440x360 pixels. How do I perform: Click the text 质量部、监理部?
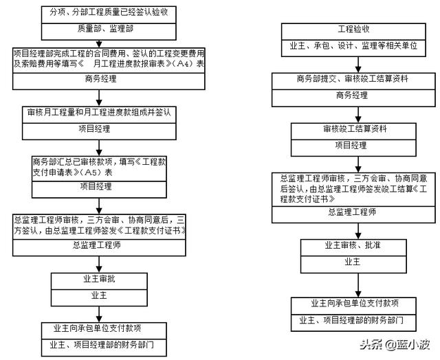click(105, 29)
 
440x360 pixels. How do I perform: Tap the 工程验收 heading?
click(353, 29)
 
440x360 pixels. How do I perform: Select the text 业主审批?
click(99, 279)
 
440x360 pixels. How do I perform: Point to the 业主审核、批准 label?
click(353, 245)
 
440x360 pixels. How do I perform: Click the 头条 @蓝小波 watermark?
click(395, 344)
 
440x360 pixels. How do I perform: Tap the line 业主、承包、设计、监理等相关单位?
click(353, 45)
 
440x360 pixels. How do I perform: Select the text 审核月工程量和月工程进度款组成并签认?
click(99, 112)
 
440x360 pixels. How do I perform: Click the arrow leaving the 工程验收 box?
click(358, 65)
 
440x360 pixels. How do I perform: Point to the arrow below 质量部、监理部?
click(99, 44)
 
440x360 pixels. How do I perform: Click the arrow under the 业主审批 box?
click(99, 314)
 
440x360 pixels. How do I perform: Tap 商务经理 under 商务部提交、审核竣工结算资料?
click(352, 95)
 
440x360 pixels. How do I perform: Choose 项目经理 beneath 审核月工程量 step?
click(94, 128)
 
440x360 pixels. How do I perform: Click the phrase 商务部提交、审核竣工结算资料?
click(353, 79)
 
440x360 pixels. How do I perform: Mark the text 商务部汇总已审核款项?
click(73, 161)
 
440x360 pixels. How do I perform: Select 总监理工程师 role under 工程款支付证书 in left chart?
click(97, 245)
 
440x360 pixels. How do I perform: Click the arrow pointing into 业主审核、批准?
click(358, 232)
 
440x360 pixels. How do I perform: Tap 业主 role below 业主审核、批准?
click(353, 262)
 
